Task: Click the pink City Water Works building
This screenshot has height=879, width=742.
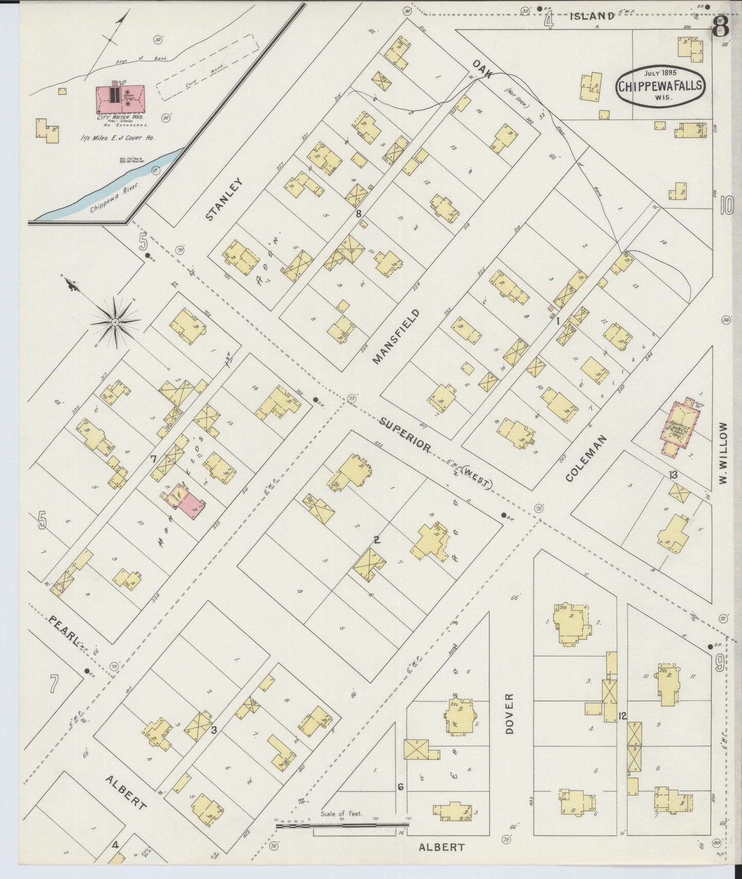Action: [121, 99]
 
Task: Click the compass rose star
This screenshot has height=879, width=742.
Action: [115, 322]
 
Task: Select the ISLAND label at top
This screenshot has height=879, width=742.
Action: [592, 16]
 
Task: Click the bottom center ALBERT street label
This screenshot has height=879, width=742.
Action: [441, 847]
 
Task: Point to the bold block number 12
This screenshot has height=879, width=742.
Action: [623, 716]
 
